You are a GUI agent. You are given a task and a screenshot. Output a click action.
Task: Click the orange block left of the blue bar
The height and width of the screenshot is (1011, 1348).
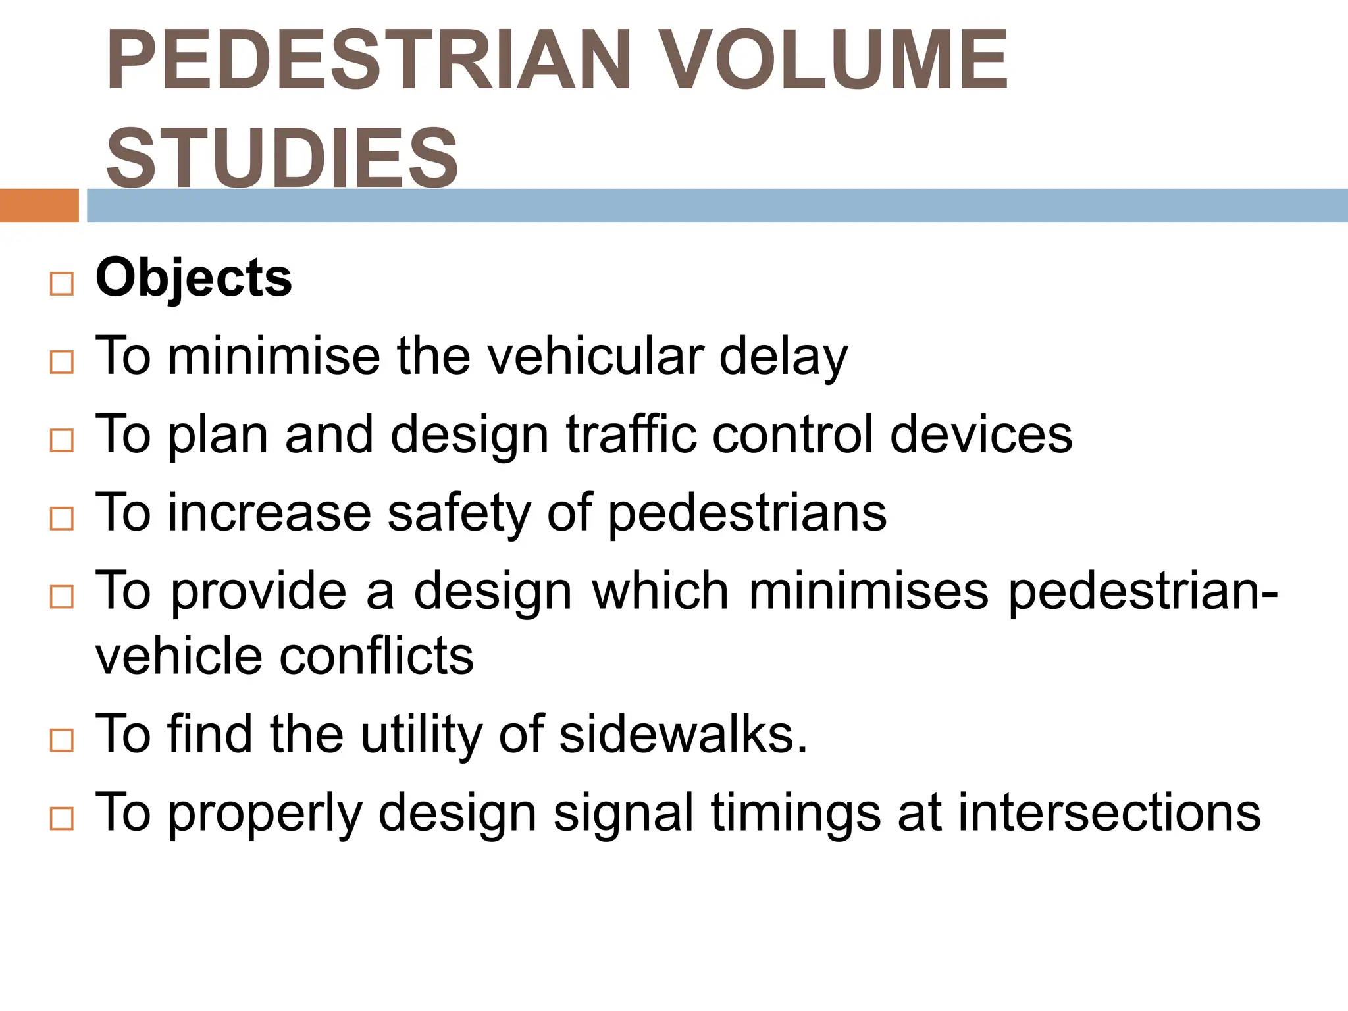click(x=39, y=205)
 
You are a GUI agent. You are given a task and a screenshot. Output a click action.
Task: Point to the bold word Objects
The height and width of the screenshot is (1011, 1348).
click(x=194, y=278)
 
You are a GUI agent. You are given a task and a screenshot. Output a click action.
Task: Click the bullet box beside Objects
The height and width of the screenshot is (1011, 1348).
click(x=61, y=284)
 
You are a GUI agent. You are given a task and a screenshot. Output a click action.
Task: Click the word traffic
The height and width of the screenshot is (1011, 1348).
click(x=631, y=434)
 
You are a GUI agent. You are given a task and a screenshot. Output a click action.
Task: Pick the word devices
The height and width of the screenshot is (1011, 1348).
click(x=981, y=434)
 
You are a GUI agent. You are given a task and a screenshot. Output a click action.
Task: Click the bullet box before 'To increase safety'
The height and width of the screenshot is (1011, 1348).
click(x=61, y=519)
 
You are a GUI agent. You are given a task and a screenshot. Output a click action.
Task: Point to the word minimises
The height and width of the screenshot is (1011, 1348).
click(x=869, y=590)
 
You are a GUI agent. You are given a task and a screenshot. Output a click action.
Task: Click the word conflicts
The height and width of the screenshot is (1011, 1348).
click(x=376, y=656)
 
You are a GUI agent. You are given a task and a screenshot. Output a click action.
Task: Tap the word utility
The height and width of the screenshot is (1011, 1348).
click(x=421, y=735)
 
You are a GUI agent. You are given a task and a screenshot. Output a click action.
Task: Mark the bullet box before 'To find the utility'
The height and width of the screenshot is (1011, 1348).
click(x=61, y=740)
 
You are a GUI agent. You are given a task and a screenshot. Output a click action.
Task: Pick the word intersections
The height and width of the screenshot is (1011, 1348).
click(x=1109, y=812)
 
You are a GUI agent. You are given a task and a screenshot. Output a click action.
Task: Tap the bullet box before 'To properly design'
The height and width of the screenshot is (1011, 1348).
click(x=61, y=819)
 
